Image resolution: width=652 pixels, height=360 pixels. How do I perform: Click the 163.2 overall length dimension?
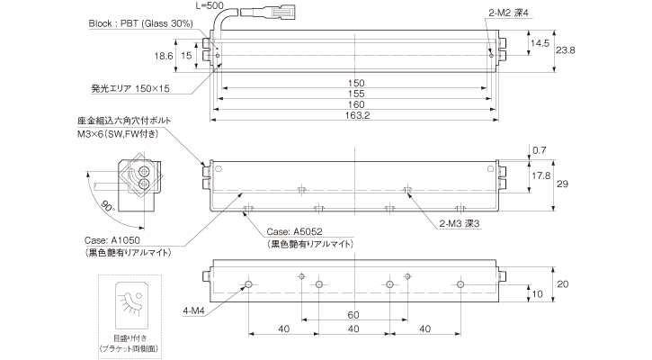(x=357, y=115)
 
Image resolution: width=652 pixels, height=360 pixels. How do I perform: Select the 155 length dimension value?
(x=357, y=94)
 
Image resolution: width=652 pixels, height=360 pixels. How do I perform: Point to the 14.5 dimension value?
(x=540, y=42)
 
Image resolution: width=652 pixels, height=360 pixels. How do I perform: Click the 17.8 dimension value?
(x=541, y=175)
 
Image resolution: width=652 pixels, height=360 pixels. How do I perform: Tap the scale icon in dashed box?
(x=130, y=301)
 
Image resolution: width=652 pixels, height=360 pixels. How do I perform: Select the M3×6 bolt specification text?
(x=118, y=135)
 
